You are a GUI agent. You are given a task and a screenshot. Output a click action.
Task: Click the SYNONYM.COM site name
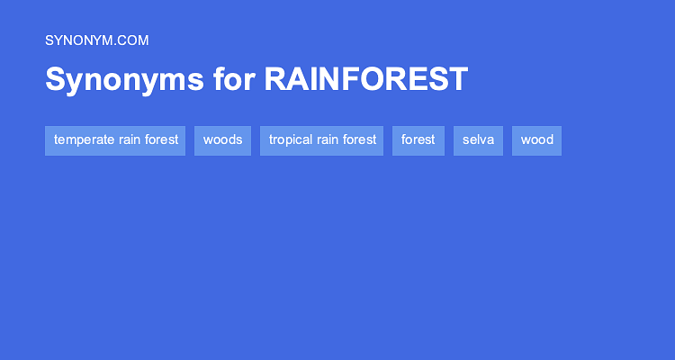click(x=96, y=40)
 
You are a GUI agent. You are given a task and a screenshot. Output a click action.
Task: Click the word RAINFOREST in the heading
click(x=365, y=79)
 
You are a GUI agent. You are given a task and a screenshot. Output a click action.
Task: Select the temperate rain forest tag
click(x=115, y=140)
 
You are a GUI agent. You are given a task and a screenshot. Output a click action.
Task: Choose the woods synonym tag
click(x=222, y=140)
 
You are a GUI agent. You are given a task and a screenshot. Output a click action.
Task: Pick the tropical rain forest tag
click(x=322, y=140)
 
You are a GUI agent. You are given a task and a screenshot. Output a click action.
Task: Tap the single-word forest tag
click(x=418, y=140)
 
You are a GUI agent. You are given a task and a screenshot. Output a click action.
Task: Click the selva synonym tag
click(x=478, y=140)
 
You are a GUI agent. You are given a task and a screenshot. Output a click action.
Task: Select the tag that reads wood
click(x=536, y=140)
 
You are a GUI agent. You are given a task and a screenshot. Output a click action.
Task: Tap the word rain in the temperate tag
click(x=130, y=140)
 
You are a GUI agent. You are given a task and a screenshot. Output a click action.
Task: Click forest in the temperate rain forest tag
click(x=162, y=140)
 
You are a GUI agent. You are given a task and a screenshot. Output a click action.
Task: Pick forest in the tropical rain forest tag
click(x=359, y=140)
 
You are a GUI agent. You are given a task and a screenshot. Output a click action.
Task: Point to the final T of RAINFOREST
click(x=459, y=79)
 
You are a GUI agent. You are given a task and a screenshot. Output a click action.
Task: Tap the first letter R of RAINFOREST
click(x=274, y=79)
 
